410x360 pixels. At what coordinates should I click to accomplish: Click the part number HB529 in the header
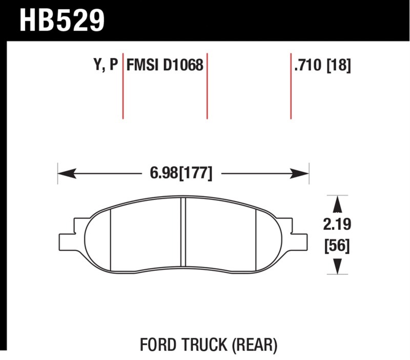[x=62, y=21]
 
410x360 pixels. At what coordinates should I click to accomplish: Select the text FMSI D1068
[x=165, y=65]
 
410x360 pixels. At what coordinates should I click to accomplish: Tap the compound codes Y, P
[x=106, y=65]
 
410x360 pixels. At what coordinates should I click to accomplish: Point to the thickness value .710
[x=307, y=65]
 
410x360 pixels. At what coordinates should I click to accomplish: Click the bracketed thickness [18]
[x=339, y=65]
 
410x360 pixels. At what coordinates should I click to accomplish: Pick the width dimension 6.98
[x=163, y=173]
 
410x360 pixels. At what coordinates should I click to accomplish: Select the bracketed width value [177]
[x=196, y=173]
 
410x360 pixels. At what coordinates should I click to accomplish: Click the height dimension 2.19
[x=337, y=225]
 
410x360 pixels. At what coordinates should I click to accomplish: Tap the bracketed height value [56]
[x=337, y=246]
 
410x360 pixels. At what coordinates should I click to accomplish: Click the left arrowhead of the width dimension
[x=67, y=173]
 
